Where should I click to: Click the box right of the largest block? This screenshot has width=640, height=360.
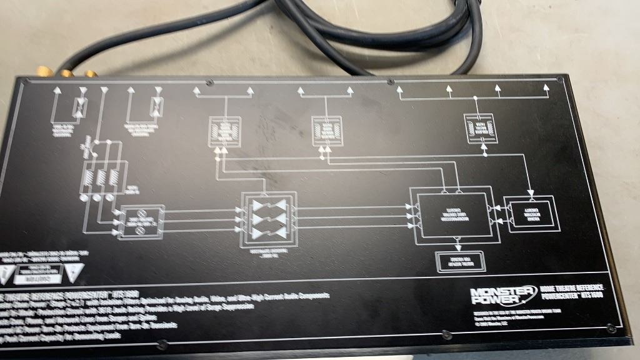pyautogui.click(x=531, y=215)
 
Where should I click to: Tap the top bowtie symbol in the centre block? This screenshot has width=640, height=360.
pyautogui.click(x=268, y=206)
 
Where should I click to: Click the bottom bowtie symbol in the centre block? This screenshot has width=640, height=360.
pyautogui.click(x=268, y=232)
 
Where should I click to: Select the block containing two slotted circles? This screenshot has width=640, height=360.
pyautogui.click(x=141, y=221)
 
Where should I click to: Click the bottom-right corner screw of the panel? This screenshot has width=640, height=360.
pyautogui.click(x=609, y=326)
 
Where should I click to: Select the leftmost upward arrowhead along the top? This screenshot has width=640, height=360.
pyautogui.click(x=56, y=91)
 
